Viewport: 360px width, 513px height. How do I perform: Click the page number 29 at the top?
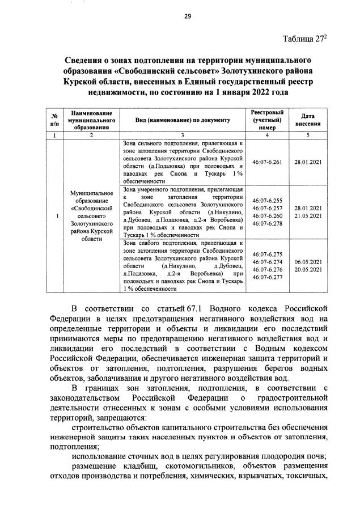(x=187, y=16)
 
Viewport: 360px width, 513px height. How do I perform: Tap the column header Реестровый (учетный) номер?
(x=267, y=121)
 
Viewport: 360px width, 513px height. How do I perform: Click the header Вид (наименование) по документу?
(x=183, y=121)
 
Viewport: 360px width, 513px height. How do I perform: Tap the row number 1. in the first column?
(x=44, y=217)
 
